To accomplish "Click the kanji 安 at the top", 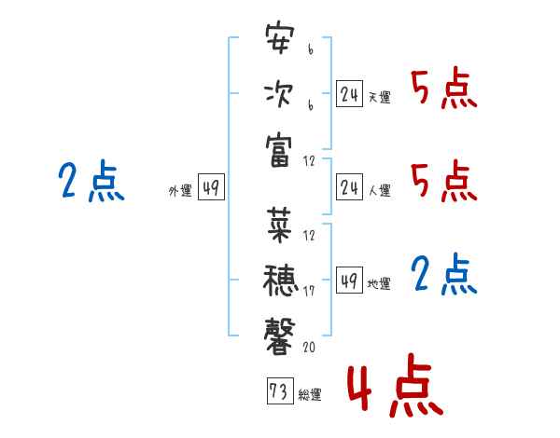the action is coord(280,38).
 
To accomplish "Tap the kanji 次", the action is coord(279,94).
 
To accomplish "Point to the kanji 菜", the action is coord(279,226).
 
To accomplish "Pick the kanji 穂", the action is coord(280,281).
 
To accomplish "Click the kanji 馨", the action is coord(279,336).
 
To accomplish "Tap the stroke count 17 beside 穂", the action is coord(309,291).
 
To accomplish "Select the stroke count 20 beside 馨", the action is coord(309,347).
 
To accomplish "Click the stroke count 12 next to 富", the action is coord(309,161).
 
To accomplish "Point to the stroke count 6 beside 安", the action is coord(311,49).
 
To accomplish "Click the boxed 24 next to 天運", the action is coord(349,94).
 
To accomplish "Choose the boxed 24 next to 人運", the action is coord(349,187).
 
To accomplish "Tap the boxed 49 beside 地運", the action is coord(349,280).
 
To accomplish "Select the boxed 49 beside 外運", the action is coord(211,187).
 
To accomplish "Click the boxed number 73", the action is coord(280,390).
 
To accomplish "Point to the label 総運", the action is coord(310,395).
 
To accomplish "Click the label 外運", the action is coord(180,191).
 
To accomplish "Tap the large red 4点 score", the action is coord(396,385).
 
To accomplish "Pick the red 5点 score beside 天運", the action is coord(444,89).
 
